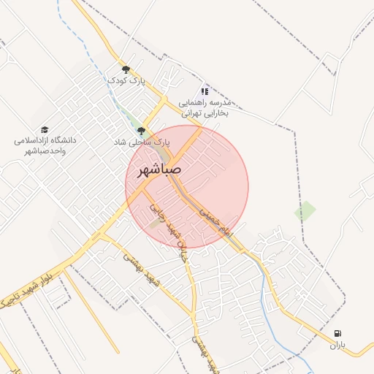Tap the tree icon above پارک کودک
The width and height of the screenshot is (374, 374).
point(126,69)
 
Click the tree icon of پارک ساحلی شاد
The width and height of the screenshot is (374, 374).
point(142,131)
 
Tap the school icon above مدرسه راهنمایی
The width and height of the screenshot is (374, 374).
point(205,91)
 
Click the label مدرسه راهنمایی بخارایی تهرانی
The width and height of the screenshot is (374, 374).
point(205,108)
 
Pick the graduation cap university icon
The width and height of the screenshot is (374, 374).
point(45,129)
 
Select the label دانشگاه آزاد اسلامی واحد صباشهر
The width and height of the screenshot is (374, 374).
point(45,145)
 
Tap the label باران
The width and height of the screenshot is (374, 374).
point(336,345)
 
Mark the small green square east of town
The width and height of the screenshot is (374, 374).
point(305,212)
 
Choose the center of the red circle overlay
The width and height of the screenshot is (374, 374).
point(187,187)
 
